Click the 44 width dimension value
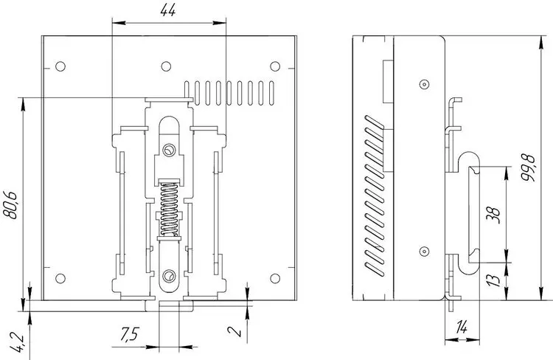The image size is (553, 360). click(169, 10)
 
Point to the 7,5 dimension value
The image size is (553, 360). click(129, 335)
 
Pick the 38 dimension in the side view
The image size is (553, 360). click(495, 215)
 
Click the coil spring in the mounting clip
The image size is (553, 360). click(169, 210)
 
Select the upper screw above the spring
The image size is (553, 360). click(169, 150)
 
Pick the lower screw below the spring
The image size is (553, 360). click(169, 276)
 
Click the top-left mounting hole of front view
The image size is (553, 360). click(60, 65)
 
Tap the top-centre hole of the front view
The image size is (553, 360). click(167, 65)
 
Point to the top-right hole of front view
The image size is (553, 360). click(275, 65)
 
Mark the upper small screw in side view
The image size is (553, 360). click(423, 84)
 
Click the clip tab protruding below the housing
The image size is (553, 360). click(169, 307)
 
